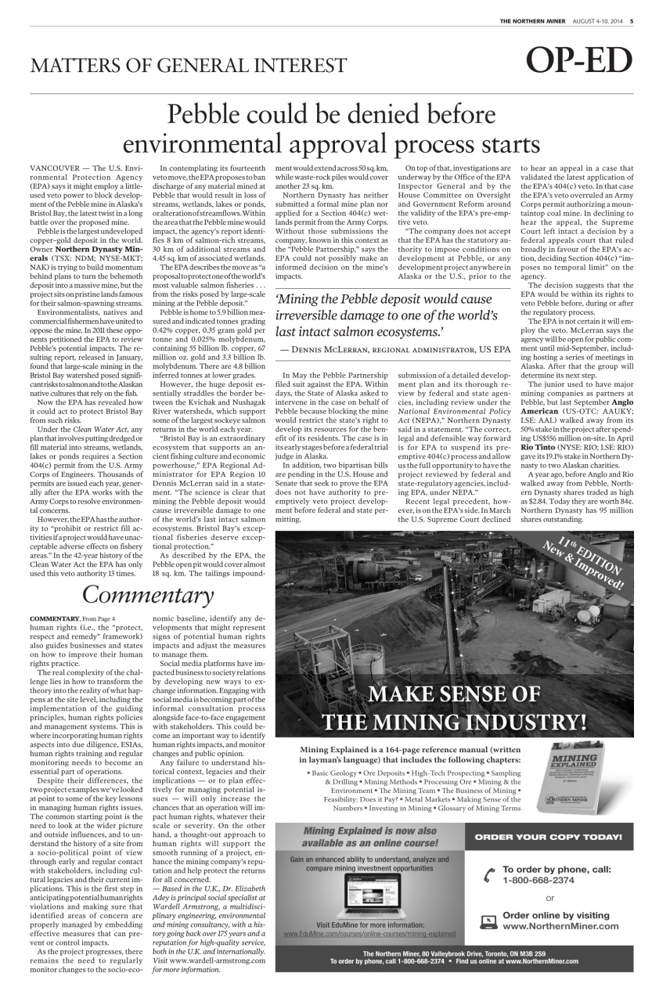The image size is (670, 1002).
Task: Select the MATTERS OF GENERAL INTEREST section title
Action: coord(188,66)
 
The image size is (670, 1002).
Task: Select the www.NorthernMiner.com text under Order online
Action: coord(560,926)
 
